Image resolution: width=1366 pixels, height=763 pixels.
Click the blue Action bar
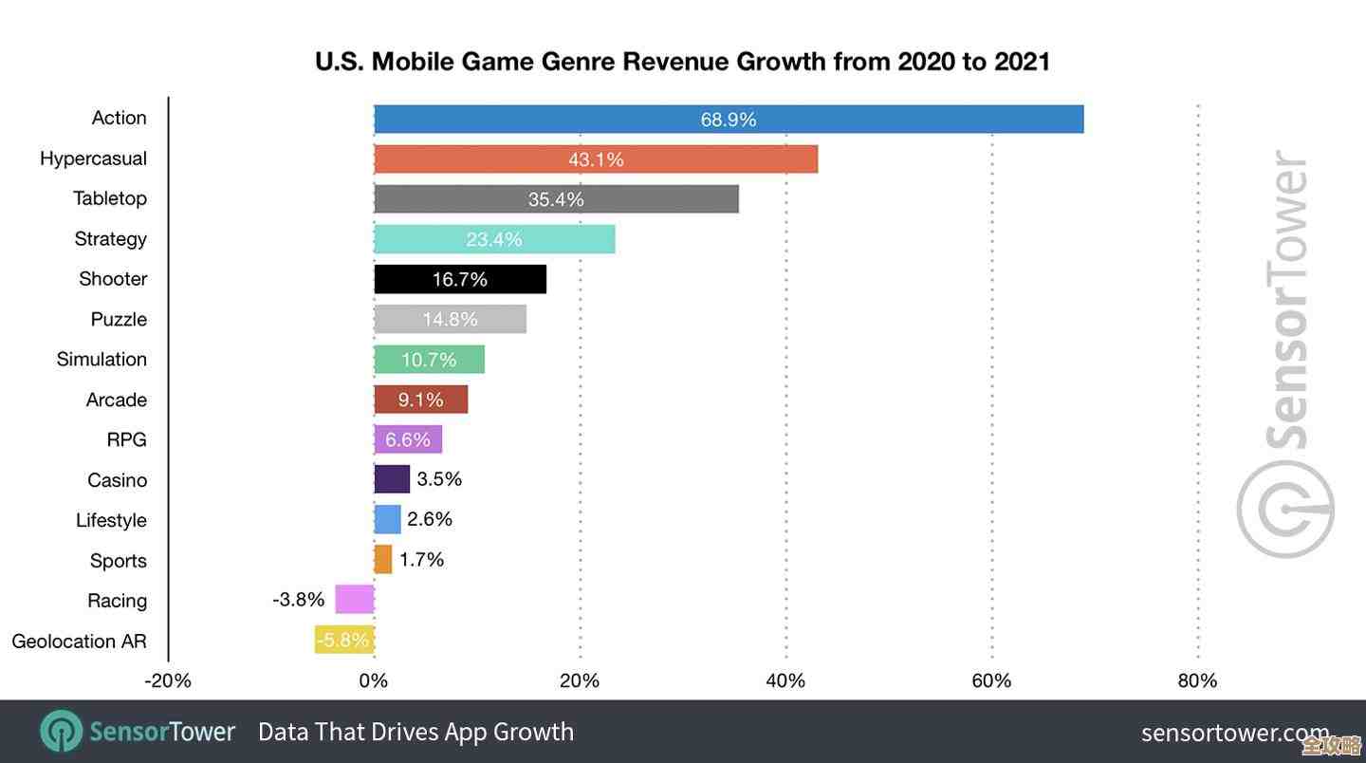click(729, 120)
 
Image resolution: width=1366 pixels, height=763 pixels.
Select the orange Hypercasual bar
click(596, 159)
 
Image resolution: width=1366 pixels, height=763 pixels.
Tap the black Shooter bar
click(460, 279)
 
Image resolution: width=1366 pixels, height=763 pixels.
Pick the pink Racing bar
click(355, 600)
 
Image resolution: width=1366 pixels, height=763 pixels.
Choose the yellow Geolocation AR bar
click(344, 640)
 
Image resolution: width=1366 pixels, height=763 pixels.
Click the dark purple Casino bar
click(392, 479)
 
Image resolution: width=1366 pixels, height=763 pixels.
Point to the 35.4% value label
click(556, 200)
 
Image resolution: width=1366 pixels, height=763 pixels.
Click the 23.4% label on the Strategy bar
click(494, 240)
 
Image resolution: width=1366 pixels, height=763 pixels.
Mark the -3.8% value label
click(299, 600)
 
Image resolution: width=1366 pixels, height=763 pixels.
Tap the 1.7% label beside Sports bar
click(422, 560)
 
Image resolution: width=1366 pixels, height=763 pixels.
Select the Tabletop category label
click(110, 198)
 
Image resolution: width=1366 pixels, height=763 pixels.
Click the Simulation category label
click(102, 360)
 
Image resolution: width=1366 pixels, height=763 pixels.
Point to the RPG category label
click(126, 440)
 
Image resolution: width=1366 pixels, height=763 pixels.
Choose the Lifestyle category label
click(111, 520)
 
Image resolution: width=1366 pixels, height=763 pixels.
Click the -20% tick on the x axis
click(168, 680)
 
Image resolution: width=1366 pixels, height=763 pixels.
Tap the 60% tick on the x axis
click(991, 680)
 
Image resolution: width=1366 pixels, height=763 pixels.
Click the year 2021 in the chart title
click(1022, 63)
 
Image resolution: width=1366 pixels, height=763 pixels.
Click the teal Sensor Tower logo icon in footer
click(62, 732)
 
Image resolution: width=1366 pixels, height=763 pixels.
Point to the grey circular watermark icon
click(1285, 510)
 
